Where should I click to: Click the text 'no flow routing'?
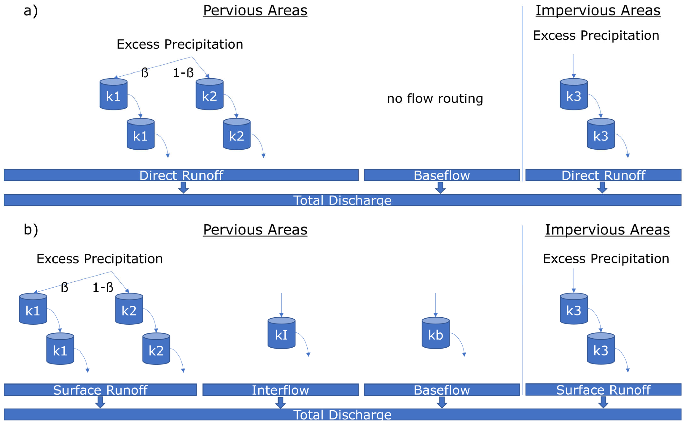[435, 99]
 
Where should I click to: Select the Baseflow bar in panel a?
[442, 175]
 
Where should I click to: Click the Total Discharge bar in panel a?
[342, 200]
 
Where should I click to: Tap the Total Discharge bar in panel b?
[342, 415]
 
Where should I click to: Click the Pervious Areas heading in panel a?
[255, 11]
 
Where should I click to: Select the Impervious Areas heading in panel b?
[607, 230]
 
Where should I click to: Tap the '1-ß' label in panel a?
[183, 73]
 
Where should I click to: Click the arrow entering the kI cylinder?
[281, 305]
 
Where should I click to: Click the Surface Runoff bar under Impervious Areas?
[603, 390]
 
